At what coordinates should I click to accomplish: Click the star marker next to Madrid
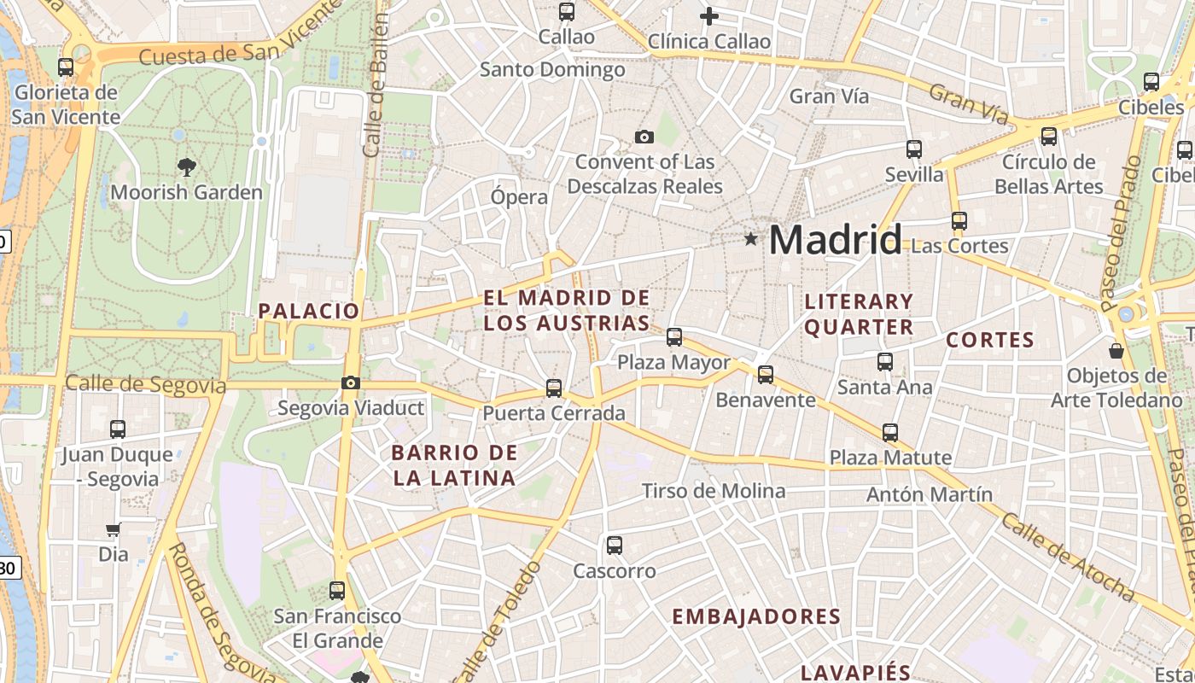pos(750,239)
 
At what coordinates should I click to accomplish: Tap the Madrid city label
pos(835,240)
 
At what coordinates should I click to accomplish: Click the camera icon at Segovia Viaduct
pos(351,382)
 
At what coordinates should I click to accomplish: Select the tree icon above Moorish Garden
pos(186,166)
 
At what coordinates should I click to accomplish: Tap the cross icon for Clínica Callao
pos(708,15)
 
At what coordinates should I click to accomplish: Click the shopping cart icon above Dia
pos(113,529)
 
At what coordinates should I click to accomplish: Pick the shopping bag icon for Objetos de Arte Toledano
pos(1116,350)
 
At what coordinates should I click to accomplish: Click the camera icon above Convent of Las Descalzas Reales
pos(644,137)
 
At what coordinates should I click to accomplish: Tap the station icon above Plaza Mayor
pos(674,337)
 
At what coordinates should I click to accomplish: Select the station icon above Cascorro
pos(614,546)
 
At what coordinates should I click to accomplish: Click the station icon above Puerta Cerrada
pos(554,388)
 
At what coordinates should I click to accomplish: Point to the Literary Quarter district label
pos(859,314)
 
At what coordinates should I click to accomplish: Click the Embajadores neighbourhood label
pos(756,616)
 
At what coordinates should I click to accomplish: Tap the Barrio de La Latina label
pos(454,465)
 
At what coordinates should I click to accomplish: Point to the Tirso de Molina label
pos(714,491)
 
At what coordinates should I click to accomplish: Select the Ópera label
pos(519,197)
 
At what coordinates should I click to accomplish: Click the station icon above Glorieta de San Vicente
pos(66,67)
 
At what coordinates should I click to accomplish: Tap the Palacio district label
pos(309,311)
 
